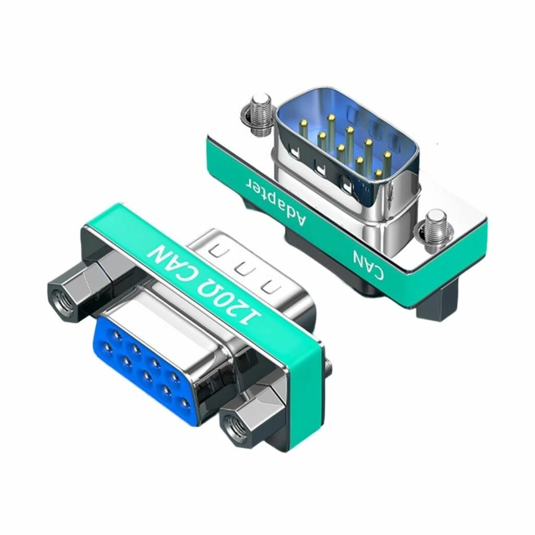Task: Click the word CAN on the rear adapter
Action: click(368, 264)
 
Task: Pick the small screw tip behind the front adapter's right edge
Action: click(328, 365)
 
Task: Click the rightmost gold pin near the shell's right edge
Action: click(387, 156)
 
